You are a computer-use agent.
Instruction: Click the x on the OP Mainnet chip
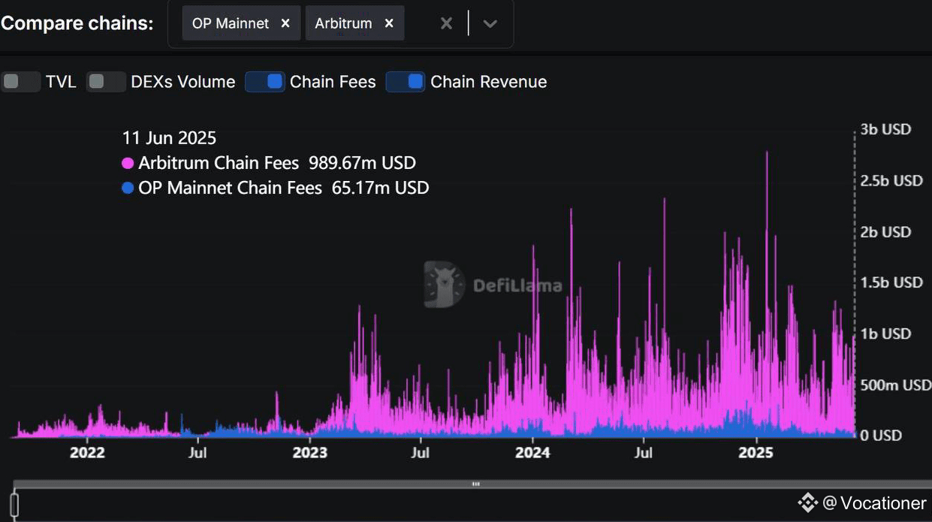coord(285,23)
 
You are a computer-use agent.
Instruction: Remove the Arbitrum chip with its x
coord(389,23)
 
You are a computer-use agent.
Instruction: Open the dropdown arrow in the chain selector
coord(490,23)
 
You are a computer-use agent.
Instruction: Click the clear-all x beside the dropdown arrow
coord(446,23)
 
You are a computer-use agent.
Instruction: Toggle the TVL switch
coord(20,82)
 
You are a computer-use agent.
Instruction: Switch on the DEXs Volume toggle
coord(106,82)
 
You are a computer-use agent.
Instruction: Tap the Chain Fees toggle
coord(264,82)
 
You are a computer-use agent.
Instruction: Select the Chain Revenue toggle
coord(406,82)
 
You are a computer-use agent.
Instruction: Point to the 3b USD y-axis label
coord(885,129)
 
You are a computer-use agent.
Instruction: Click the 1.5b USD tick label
coord(891,282)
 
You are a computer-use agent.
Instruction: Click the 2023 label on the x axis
coord(310,453)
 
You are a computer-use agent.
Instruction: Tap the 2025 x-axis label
coord(756,453)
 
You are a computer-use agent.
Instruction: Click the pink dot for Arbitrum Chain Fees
coord(128,163)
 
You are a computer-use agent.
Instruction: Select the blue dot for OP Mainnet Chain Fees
coord(128,188)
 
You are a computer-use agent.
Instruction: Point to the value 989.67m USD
coord(362,163)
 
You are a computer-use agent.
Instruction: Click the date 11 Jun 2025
coord(169,138)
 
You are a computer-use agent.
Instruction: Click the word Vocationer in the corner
coord(883,502)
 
